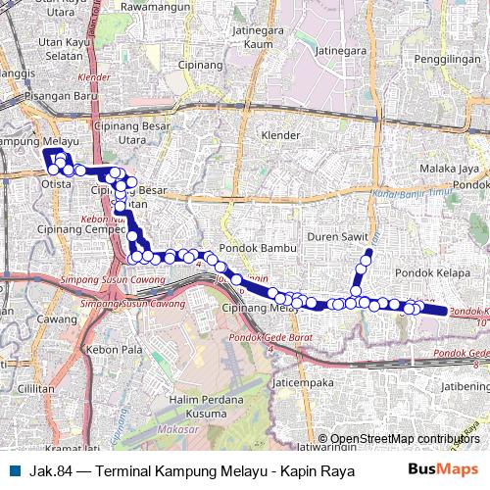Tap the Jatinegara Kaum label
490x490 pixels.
pos(252,37)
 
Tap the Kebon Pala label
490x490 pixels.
pos(108,350)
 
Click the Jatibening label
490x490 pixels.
pos(465,385)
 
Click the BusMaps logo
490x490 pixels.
pos(436,470)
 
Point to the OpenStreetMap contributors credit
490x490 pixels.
pos(405,439)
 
